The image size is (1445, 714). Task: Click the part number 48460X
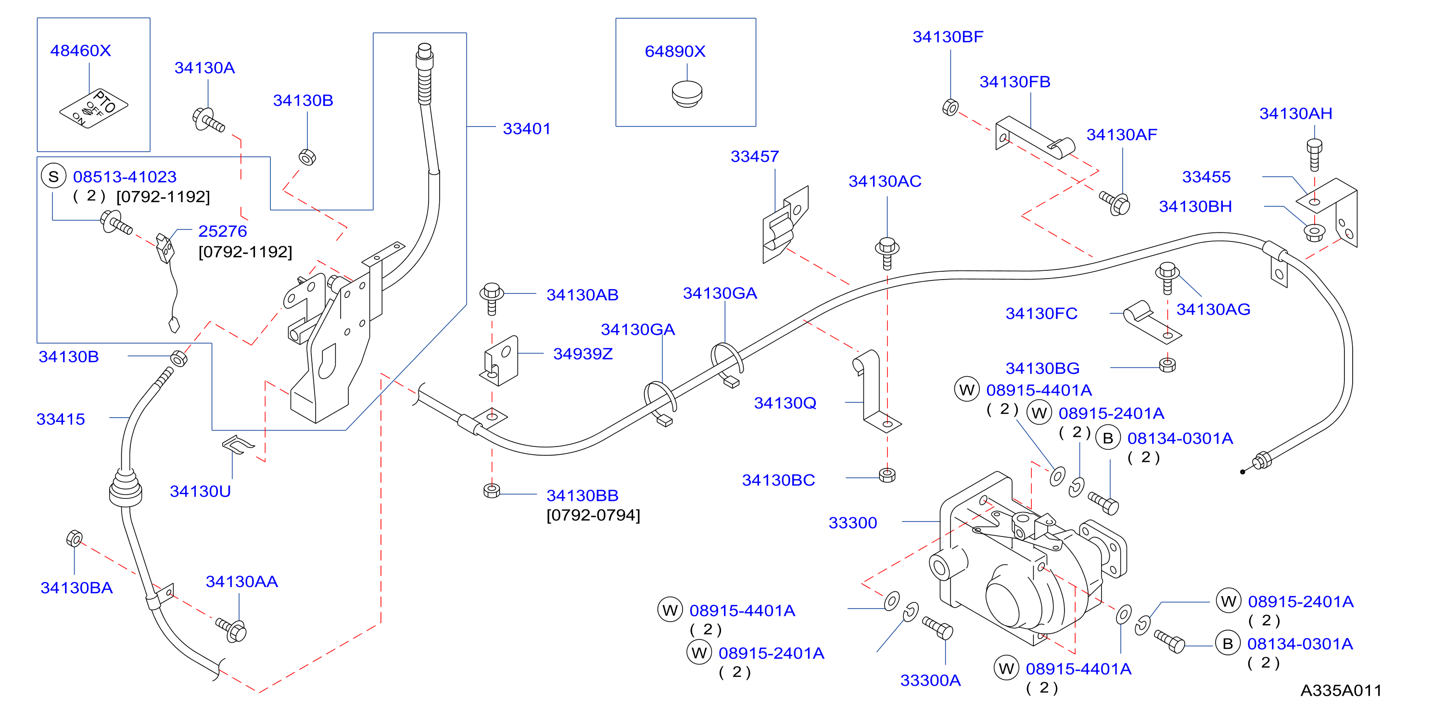pos(81,51)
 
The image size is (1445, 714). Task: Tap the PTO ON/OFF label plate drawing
pos(94,108)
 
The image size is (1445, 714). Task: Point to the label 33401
pos(527,128)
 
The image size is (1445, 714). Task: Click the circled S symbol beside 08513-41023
pos(53,177)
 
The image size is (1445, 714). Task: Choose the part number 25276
pos(223,231)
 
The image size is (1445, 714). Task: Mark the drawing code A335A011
pos(1341,690)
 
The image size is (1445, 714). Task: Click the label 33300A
pos(931,680)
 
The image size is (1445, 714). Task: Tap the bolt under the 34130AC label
pos(887,253)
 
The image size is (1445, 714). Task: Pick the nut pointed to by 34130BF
pos(950,107)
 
